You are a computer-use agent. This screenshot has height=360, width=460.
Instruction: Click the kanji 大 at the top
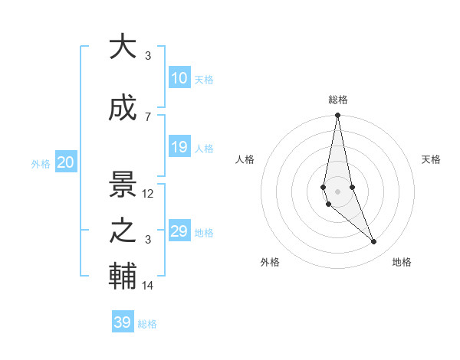123,47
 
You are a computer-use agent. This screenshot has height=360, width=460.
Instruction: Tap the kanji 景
123,185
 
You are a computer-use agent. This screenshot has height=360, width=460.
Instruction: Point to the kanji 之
123,232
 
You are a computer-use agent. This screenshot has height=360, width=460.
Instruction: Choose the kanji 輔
123,278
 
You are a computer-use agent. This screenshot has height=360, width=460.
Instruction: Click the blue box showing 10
179,78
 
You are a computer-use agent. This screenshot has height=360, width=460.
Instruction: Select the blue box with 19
179,148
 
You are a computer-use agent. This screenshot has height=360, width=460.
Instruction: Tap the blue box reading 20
66,162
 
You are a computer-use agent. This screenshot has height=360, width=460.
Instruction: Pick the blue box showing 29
179,231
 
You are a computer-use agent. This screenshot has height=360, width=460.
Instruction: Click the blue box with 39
123,322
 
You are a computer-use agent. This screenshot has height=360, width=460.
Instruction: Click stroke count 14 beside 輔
148,286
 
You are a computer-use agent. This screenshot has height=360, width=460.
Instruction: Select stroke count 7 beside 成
148,116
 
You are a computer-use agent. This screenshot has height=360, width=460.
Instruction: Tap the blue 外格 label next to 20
41,164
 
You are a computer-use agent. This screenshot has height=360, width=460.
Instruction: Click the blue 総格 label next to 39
147,324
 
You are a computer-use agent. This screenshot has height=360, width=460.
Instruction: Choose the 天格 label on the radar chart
432,159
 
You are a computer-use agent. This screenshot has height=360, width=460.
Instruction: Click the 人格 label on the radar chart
245,159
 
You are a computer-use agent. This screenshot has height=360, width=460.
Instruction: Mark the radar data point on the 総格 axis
337,116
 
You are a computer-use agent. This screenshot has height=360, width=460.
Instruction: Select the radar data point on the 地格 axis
374,242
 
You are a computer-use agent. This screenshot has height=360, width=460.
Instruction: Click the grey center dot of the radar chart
337,190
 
